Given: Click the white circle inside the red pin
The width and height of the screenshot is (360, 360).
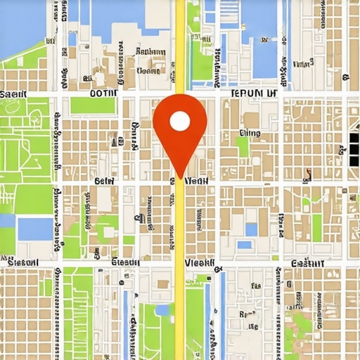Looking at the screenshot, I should (x=180, y=122).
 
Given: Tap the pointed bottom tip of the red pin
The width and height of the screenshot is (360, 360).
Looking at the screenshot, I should (x=180, y=177).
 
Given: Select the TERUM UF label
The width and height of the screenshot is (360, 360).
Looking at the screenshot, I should (x=255, y=92).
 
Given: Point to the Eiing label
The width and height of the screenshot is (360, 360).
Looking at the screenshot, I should (x=250, y=132).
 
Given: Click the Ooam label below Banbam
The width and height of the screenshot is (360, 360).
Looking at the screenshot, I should (x=149, y=70).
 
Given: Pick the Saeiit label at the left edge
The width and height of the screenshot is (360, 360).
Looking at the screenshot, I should (x=14, y=94).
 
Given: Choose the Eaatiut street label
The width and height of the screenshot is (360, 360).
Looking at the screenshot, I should (x=307, y=262).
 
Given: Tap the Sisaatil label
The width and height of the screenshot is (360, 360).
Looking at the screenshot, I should (x=23, y=262).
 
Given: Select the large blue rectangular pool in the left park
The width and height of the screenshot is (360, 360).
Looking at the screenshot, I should (x=35, y=228).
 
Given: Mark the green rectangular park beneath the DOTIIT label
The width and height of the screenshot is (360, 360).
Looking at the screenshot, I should (x=92, y=105).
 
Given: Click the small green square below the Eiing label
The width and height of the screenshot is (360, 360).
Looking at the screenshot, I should (x=243, y=146).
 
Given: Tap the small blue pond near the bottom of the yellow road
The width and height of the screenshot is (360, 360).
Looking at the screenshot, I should (x=162, y=310).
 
